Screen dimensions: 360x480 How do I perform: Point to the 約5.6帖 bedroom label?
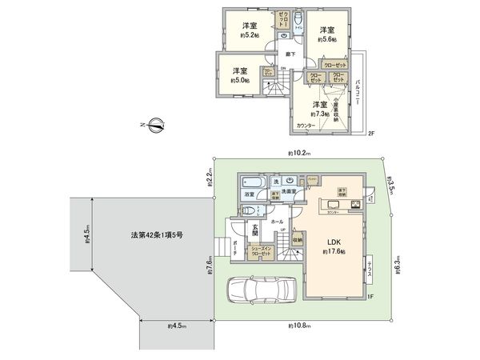tap(327, 32)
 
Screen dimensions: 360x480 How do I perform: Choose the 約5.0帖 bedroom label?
tap(241, 75)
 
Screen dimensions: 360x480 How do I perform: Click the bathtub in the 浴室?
tap(248, 182)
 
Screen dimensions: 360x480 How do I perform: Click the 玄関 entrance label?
tap(256, 233)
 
